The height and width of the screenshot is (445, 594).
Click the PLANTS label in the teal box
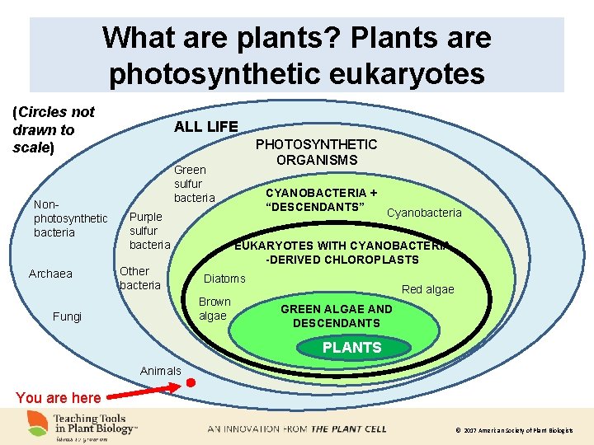coord(351,348)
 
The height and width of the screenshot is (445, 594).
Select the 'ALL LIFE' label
coord(205,126)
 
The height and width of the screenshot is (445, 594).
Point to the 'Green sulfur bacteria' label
coord(193,184)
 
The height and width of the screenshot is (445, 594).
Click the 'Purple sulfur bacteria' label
coord(148,231)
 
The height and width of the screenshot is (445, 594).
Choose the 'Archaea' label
coord(50,274)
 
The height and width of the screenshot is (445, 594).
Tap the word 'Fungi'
coord(67,316)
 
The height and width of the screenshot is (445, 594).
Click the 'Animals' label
coord(160,371)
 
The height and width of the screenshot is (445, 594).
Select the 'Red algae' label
coord(427,289)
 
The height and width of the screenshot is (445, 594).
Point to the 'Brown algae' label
coord(214,308)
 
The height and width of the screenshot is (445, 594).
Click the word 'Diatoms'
coord(224,279)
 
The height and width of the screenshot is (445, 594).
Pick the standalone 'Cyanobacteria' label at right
coord(424,213)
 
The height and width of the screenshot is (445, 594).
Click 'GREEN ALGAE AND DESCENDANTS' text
coord(336,316)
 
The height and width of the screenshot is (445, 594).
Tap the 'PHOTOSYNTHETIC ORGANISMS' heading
coord(316,152)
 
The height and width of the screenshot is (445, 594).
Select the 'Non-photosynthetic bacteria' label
coord(69,218)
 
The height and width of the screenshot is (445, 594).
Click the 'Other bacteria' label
coord(139,278)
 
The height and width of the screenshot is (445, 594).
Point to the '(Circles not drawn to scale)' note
coord(54,129)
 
